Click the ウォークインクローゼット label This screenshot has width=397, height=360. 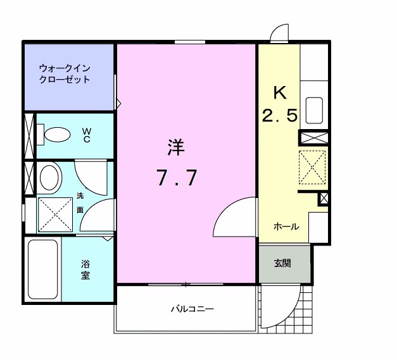pos(64,73)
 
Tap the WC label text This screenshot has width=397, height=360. pos(87,135)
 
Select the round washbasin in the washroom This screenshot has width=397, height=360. pos(50,177)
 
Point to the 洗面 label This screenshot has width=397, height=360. pos(80,202)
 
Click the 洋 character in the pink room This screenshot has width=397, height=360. pos(176,148)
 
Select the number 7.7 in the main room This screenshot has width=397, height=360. pos(177,179)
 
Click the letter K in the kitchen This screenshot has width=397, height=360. pos(280,93)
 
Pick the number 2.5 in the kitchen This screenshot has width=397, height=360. pos(279,116)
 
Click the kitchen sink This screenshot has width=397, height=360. pos(315,111)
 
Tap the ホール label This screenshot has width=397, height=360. pos(286,227)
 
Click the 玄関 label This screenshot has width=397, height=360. pos(282,263)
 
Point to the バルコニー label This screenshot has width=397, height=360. pos(192,309)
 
